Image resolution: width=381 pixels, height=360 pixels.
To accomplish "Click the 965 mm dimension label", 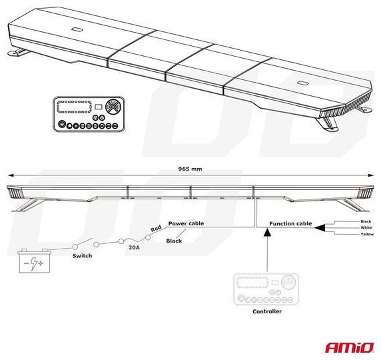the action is (190, 169).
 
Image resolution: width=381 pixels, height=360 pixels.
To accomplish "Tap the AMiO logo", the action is (350, 347).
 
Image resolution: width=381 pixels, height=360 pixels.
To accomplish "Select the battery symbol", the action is (35, 261).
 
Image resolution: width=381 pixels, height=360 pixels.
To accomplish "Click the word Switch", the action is (82, 255).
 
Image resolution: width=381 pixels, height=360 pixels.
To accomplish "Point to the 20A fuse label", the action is (135, 247).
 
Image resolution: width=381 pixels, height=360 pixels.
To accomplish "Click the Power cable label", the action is (186, 223).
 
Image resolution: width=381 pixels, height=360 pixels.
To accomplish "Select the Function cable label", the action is (290, 223).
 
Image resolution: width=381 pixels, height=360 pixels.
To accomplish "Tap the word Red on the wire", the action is (156, 229).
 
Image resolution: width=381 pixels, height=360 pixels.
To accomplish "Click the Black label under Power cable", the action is (174, 241).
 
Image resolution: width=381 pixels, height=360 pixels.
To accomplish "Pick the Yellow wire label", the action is (367, 234).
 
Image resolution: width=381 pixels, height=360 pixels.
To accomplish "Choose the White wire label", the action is (366, 228).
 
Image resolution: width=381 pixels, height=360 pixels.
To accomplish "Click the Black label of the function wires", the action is (366, 221).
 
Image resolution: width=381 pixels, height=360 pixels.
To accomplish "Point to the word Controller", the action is (267, 311).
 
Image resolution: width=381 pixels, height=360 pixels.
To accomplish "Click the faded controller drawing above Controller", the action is (266, 289).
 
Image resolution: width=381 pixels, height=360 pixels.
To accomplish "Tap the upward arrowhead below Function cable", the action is (267, 232).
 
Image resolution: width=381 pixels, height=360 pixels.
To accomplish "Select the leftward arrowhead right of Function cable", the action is (320, 228).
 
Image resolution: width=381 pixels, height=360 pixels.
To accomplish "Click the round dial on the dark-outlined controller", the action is (113, 106).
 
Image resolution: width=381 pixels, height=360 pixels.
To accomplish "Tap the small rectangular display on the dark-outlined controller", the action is (98, 107).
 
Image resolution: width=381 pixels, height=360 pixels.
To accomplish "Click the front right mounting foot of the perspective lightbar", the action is (327, 124).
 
